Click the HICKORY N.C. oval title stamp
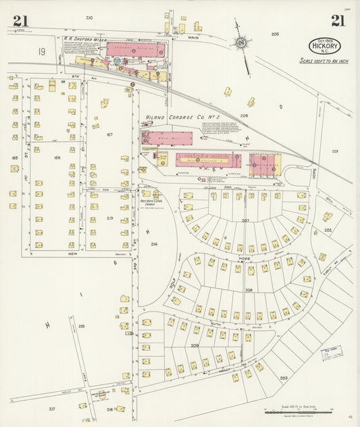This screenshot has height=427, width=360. click(x=325, y=45)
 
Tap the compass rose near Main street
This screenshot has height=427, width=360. click(x=240, y=43)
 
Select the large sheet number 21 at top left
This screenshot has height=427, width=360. click(x=20, y=20)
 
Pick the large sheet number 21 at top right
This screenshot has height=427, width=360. click(x=338, y=20)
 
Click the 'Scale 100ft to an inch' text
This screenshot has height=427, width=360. click(x=326, y=60)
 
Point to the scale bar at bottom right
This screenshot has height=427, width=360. click(x=298, y=411)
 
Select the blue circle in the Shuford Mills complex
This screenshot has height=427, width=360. click(x=117, y=61)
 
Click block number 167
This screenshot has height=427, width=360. click(x=109, y=134)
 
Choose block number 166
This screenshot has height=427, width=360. click(x=57, y=157)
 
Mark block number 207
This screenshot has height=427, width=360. click(x=246, y=220)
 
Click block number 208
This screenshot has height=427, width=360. click(x=249, y=290)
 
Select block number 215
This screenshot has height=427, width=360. click(x=81, y=326)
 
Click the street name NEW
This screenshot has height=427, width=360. click(x=73, y=253)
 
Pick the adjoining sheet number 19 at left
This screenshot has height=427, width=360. click(x=42, y=51)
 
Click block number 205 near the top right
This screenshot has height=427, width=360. click(x=275, y=34)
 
